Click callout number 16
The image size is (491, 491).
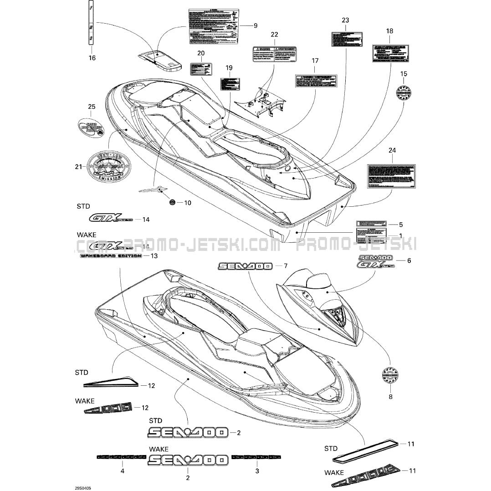click(x=92, y=58)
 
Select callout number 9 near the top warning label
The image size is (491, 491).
click(x=255, y=26)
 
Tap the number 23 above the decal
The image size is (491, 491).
click(x=345, y=20)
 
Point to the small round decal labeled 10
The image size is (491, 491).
click(x=172, y=202)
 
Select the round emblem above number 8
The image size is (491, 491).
click(x=390, y=377)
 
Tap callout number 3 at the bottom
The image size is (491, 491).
click(x=257, y=471)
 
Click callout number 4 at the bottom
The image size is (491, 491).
click(x=122, y=471)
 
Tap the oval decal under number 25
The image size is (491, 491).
click(x=92, y=128)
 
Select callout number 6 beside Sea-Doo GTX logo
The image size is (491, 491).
click(x=409, y=261)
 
